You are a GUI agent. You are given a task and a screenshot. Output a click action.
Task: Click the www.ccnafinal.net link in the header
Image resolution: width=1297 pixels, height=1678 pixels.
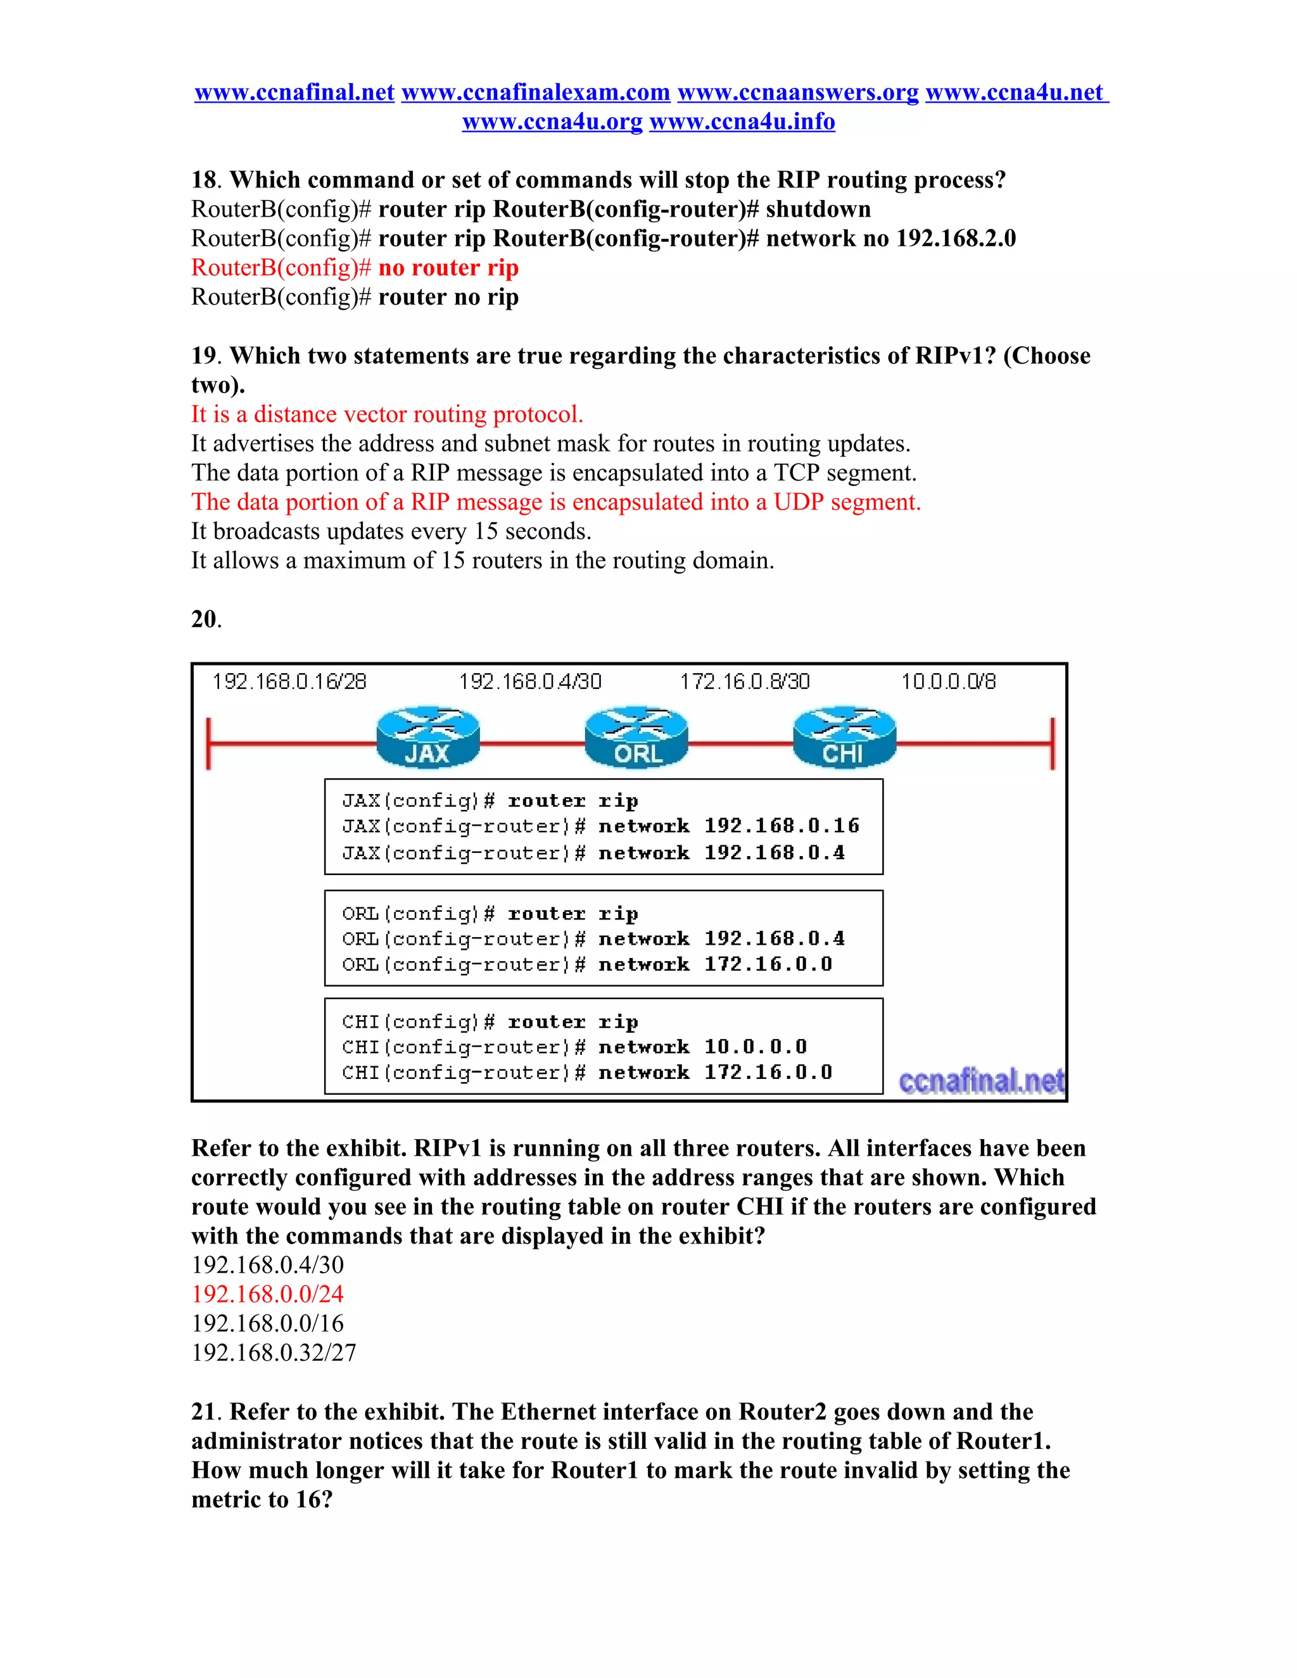click(x=294, y=93)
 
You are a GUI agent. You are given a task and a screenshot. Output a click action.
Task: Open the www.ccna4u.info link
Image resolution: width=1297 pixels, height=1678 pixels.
click(x=742, y=122)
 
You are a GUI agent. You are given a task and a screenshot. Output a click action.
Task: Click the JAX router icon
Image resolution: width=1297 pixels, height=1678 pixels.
click(x=427, y=738)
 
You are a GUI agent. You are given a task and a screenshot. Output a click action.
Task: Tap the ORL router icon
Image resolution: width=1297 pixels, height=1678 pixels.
click(x=636, y=738)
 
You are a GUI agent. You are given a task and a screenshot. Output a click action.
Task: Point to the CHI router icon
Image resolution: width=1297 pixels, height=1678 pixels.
click(x=844, y=738)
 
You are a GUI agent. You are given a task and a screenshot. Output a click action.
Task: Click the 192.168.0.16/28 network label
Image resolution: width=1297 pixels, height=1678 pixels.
click(x=289, y=681)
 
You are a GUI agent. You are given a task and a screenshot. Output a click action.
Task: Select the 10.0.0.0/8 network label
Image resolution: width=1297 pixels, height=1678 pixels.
click(x=948, y=681)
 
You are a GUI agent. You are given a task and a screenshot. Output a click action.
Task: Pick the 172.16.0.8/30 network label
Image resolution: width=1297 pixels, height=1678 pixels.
click(x=745, y=681)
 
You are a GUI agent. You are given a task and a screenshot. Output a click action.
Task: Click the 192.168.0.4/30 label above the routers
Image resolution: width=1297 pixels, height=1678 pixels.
click(x=530, y=681)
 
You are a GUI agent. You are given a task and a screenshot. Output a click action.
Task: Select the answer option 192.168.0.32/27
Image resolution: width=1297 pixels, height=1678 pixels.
click(x=274, y=1353)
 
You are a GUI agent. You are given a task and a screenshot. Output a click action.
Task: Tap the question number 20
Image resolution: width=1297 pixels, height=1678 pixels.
click(x=205, y=619)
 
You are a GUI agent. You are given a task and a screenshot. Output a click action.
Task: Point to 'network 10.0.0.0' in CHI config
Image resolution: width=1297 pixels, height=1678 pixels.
click(x=702, y=1047)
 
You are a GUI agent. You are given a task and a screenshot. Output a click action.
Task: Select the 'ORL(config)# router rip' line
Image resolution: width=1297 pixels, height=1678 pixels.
click(x=490, y=914)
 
